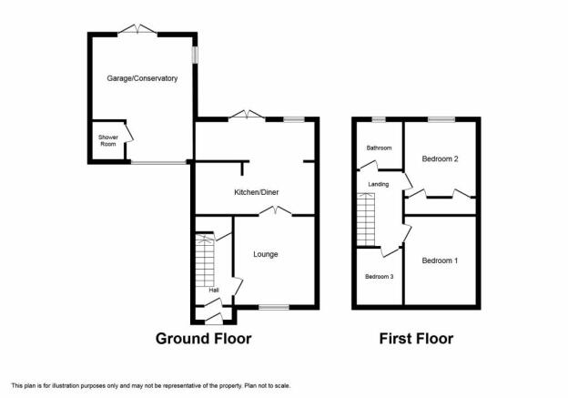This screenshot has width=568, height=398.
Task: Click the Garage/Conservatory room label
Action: tap(142, 78)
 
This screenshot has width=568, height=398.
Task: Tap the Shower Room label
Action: tap(108, 140)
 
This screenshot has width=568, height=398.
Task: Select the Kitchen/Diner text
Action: tap(257, 192)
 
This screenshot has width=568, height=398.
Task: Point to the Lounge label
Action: tap(266, 254)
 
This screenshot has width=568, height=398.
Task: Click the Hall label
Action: tap(214, 290)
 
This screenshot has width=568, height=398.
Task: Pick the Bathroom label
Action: tap(379, 148)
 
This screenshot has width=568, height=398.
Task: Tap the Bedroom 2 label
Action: tap(441, 158)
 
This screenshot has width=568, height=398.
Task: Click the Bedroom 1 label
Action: tap(440, 260)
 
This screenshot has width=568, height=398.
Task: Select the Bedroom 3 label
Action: tap(380, 277)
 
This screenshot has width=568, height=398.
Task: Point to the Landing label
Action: tap(379, 184)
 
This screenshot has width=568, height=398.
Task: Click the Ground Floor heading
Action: tap(203, 339)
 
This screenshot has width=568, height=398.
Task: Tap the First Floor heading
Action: tap(416, 339)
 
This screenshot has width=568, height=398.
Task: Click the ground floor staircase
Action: tap(205, 261)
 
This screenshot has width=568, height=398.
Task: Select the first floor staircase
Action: tap(366, 219)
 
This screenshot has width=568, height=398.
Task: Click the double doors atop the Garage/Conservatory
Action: tap(137, 30)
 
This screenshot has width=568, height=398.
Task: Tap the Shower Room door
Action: tap(129, 133)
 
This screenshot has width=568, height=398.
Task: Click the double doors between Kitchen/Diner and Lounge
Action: tap(275, 211)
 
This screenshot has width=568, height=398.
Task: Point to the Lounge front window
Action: tap(274, 308)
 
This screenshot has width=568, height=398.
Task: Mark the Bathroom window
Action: tap(379, 119)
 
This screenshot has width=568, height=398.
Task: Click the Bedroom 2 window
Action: tap(441, 119)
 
